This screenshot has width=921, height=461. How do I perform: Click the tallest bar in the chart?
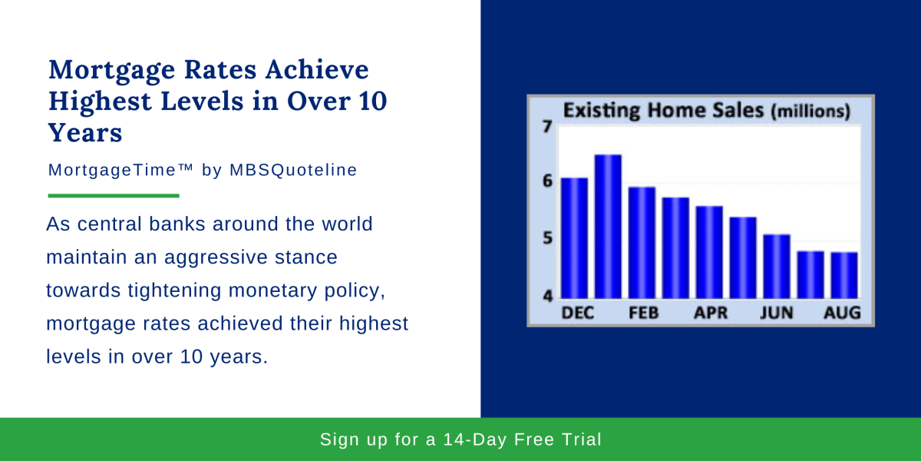(608, 227)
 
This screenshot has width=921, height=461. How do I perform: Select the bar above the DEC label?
(574, 238)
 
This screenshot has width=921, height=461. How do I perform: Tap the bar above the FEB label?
(642, 243)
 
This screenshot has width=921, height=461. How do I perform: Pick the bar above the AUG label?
(844, 275)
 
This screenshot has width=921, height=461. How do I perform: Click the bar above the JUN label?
(777, 267)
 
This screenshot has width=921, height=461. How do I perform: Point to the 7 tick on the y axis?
(546, 126)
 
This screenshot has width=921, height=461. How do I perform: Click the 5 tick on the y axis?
(547, 238)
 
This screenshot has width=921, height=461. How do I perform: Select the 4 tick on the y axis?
(547, 296)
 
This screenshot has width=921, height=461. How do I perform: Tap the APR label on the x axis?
(711, 313)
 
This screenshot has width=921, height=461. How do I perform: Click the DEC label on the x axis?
(578, 313)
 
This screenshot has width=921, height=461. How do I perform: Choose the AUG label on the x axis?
(842, 313)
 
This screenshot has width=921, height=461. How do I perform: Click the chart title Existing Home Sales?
(663, 111)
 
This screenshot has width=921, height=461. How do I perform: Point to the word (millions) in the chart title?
(810, 111)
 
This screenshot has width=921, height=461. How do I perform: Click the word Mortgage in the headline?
(112, 71)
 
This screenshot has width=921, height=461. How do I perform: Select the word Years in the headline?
(85, 132)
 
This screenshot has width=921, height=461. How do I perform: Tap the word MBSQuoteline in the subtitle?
(293, 170)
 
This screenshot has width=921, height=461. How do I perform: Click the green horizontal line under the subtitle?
(114, 196)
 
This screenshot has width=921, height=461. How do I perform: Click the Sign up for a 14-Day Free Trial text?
(460, 439)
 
